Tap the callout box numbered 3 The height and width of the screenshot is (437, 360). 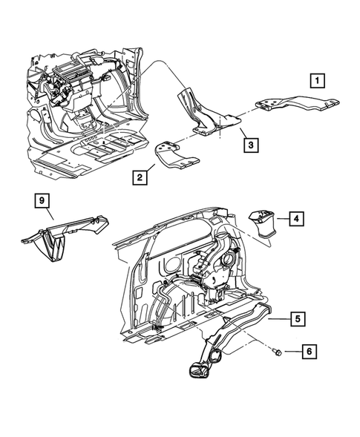tap(252, 145)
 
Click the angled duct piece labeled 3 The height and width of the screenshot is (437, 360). tap(206, 115)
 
